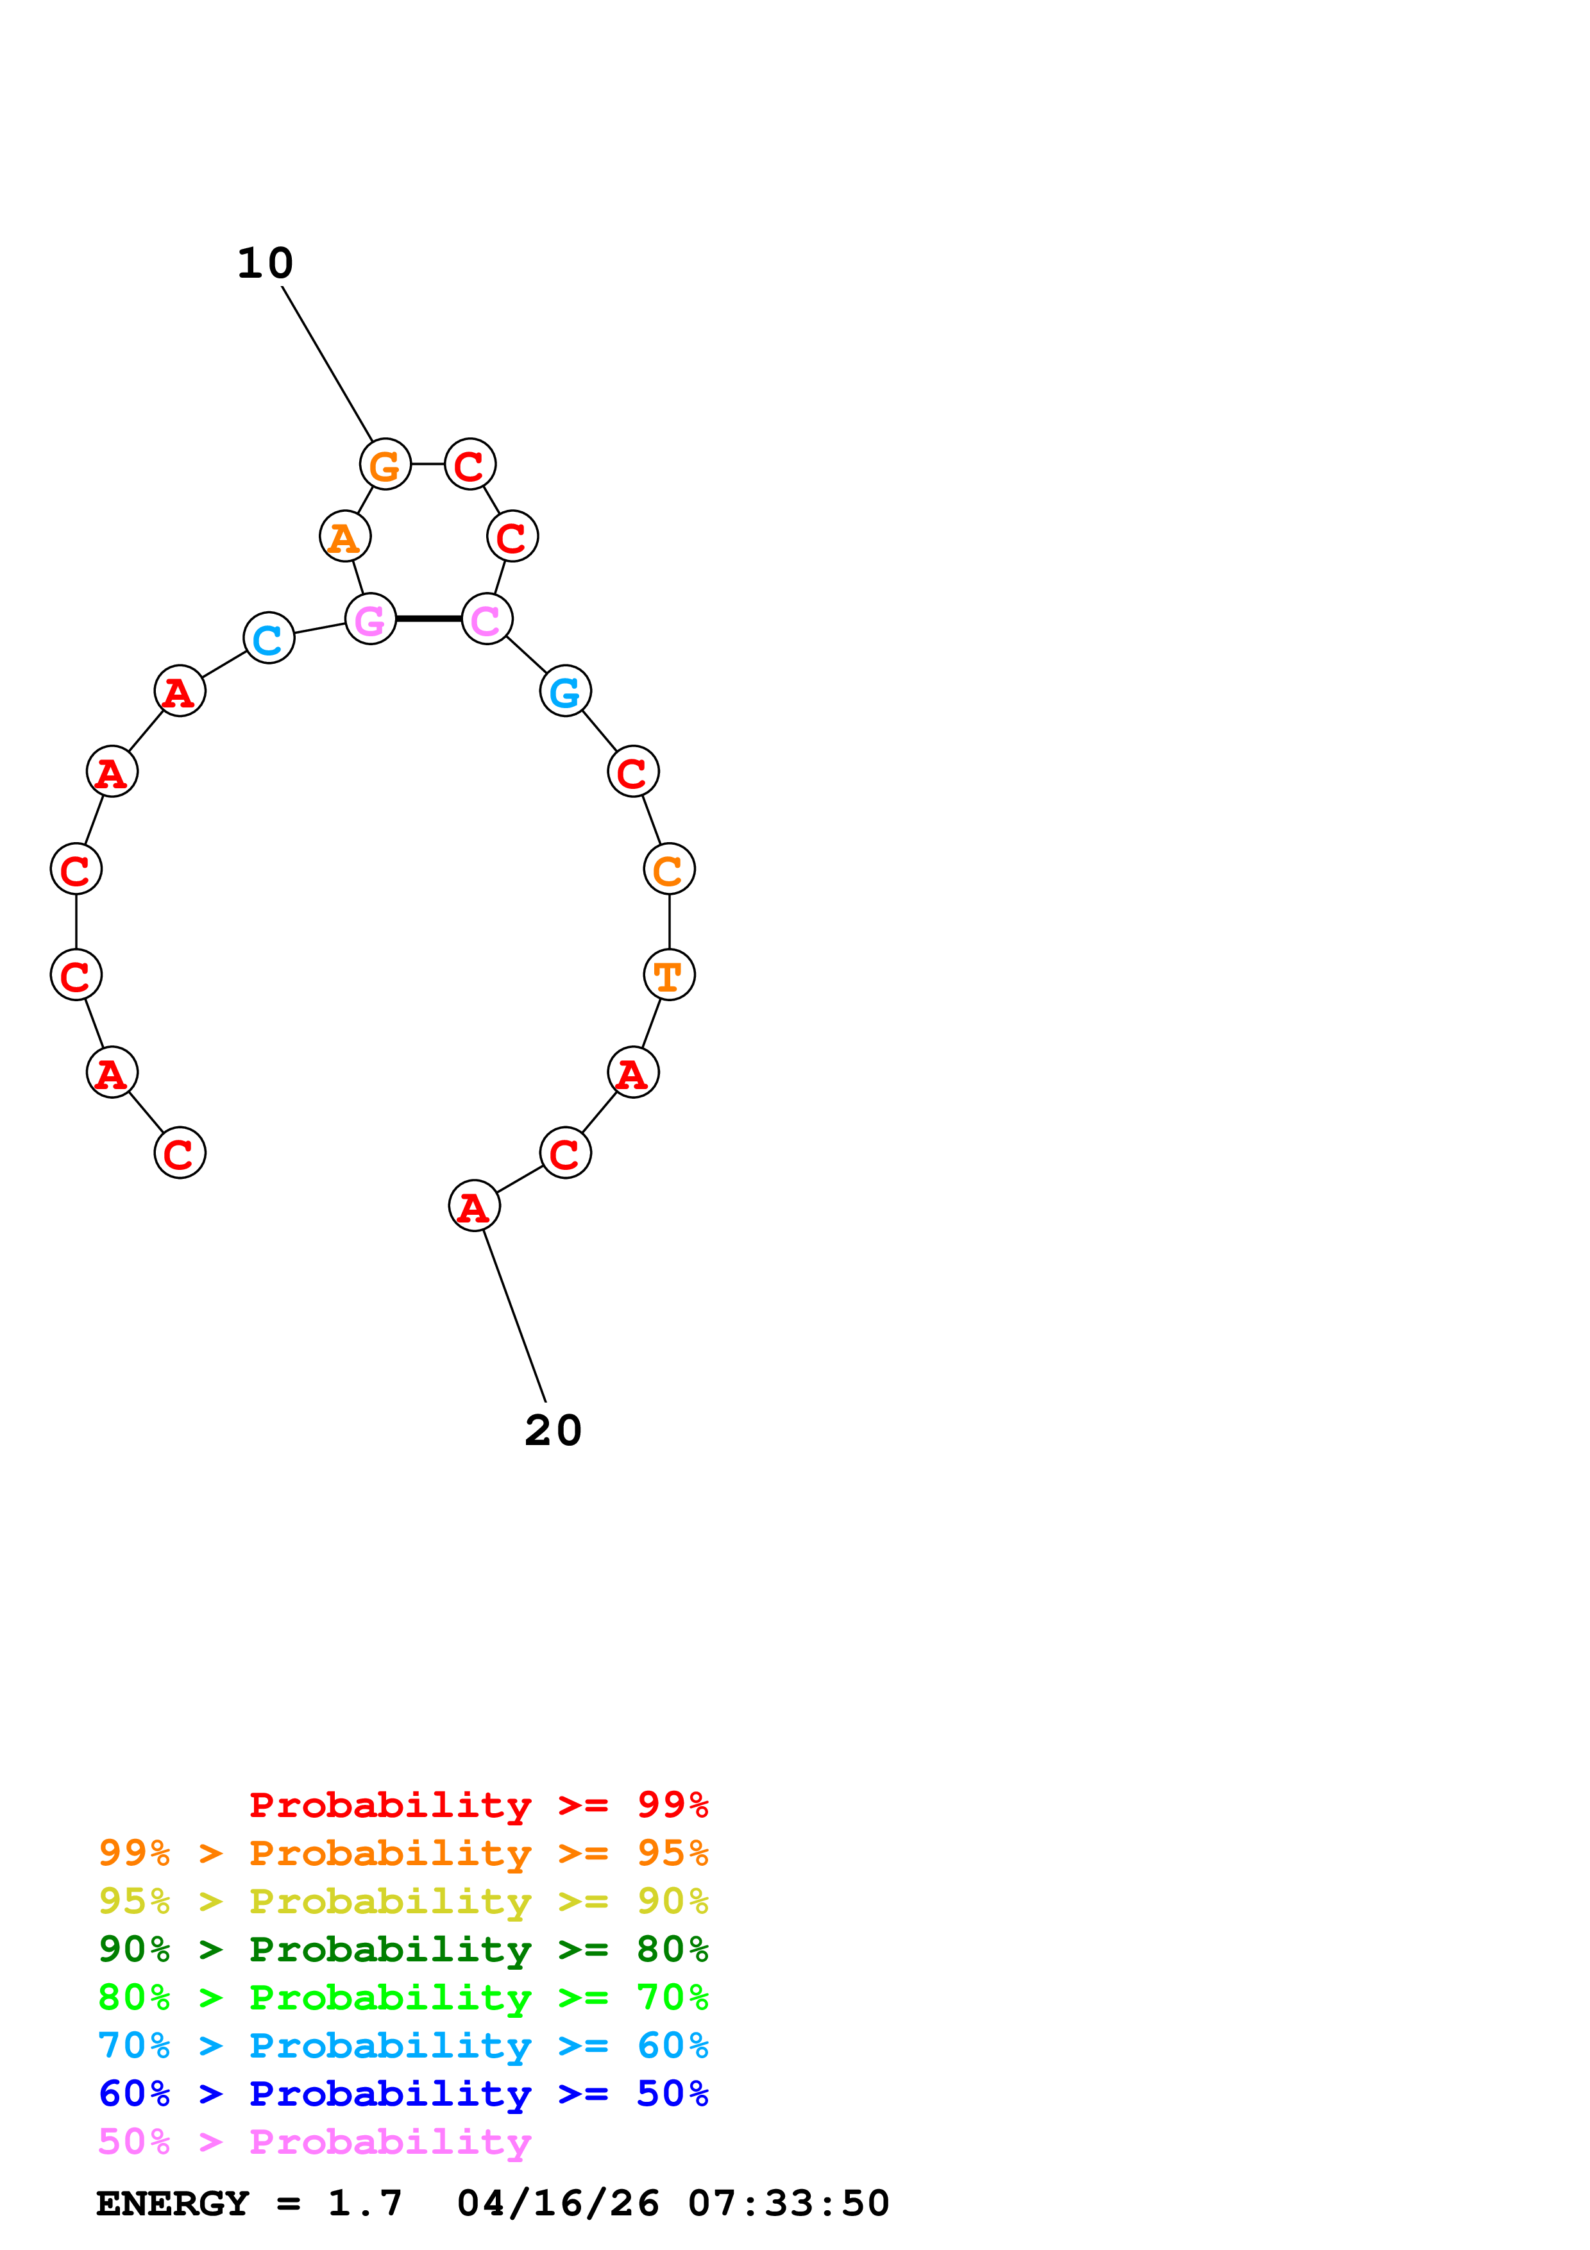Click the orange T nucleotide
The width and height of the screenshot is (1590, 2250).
pos(669,975)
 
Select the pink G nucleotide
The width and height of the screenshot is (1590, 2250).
pos(370,620)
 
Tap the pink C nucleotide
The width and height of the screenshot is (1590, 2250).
pos(487,620)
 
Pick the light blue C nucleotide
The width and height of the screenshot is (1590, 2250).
pos(269,638)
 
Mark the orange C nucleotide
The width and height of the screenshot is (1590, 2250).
pos(669,869)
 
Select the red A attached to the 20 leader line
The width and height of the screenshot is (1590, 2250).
pos(474,1206)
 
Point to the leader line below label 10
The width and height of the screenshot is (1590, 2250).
pos(327,364)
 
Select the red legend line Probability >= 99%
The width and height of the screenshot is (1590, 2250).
pos(478,1805)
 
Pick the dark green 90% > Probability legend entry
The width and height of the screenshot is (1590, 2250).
pos(403,1949)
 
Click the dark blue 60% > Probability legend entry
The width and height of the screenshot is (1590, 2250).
pos(403,2094)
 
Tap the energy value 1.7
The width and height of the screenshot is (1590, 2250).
pos(364,2203)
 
